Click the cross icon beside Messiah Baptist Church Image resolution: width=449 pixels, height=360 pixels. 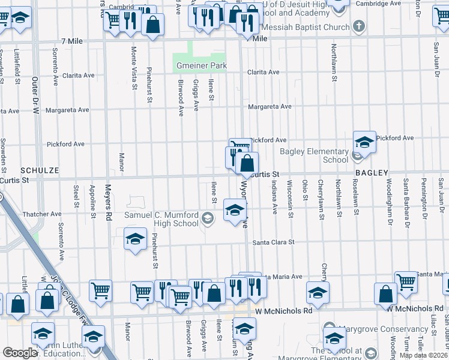(358, 26)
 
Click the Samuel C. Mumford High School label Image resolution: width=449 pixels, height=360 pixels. (161, 219)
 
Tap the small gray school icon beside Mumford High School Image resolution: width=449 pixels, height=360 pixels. (208, 218)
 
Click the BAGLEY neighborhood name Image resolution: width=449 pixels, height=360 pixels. (372, 172)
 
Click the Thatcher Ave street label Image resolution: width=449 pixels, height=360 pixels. (42, 214)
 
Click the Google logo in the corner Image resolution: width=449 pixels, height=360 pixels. (20, 353)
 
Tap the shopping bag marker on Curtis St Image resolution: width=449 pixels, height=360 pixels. (247, 163)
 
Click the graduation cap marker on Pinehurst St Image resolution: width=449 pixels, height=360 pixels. (136, 238)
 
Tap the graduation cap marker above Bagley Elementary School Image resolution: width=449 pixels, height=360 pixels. (364, 142)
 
